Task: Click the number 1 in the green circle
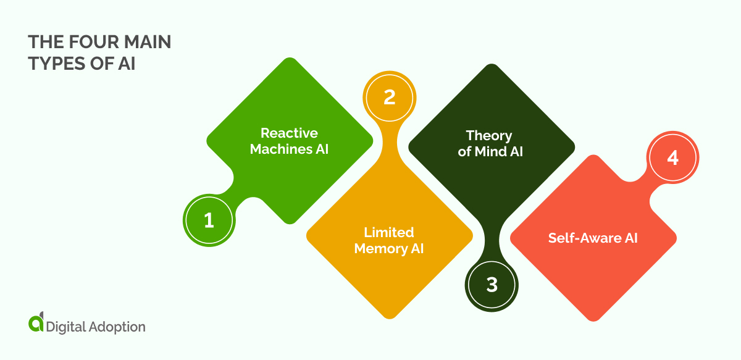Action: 209,220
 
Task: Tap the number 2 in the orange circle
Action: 389,98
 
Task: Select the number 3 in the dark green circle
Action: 492,284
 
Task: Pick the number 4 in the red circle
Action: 673,158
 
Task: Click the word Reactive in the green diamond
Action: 289,133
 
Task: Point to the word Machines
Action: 277,149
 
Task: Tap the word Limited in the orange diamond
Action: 389,232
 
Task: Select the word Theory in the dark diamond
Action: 489,135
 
